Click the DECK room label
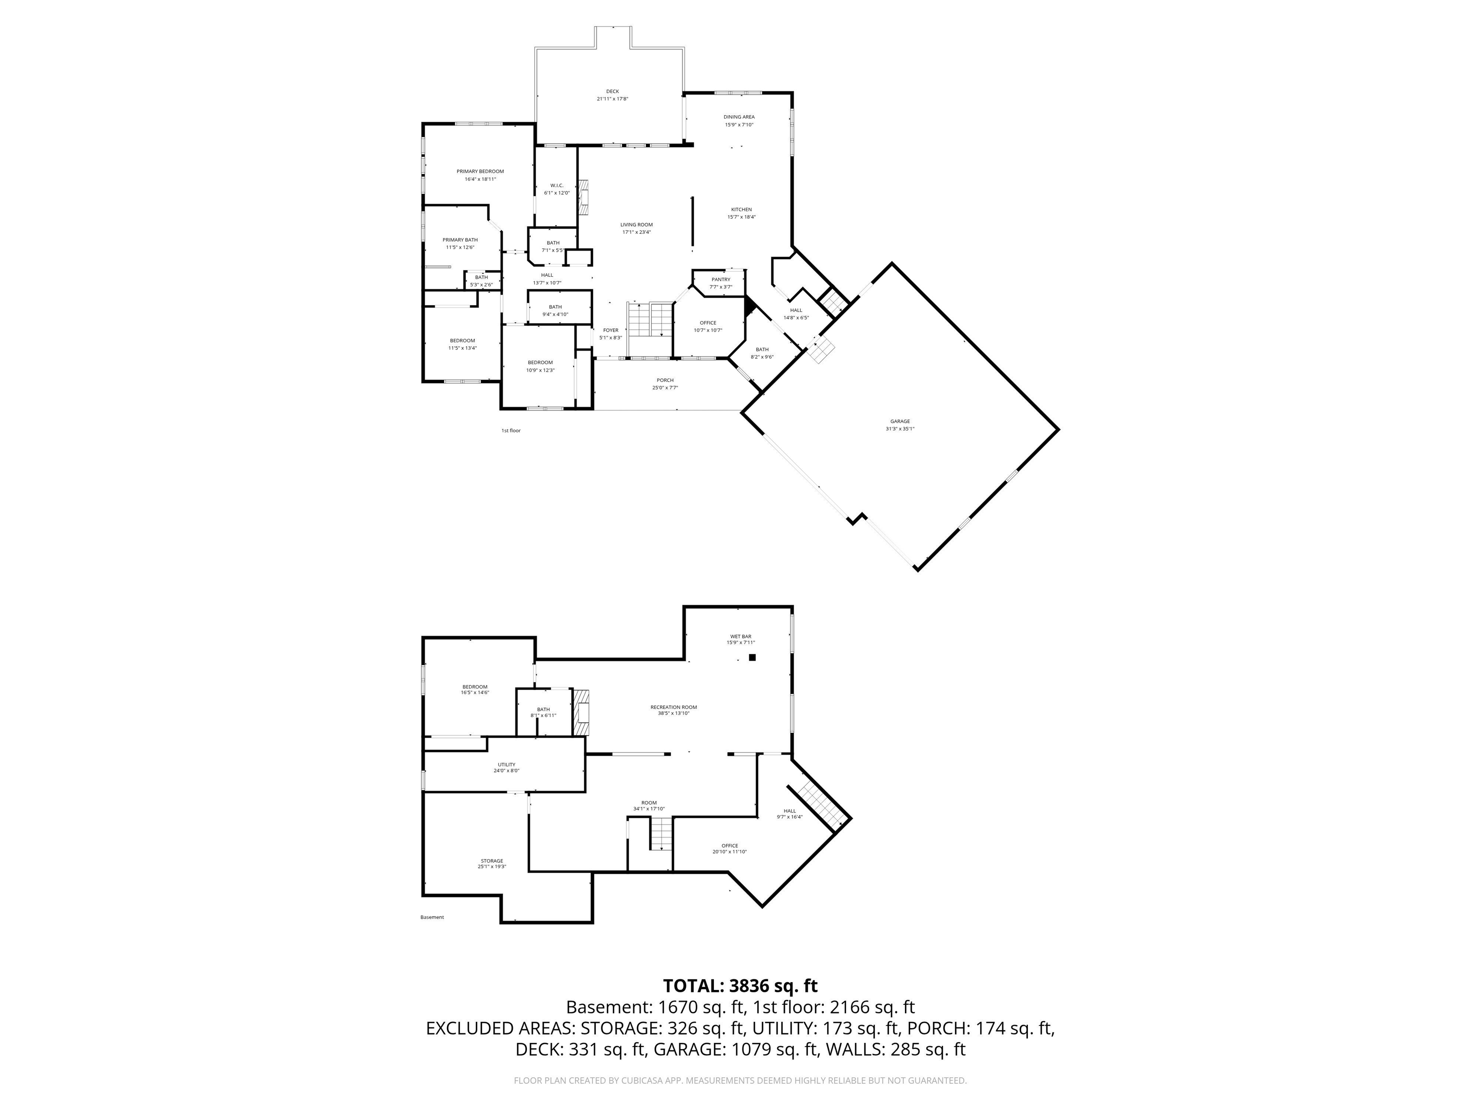click(x=612, y=92)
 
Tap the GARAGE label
click(x=899, y=421)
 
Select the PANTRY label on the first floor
click(x=720, y=279)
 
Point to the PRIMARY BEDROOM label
click(x=480, y=172)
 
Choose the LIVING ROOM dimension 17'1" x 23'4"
click(x=636, y=232)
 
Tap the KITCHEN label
click(x=741, y=210)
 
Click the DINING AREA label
click(x=739, y=117)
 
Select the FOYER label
click(x=610, y=330)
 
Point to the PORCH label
click(x=664, y=380)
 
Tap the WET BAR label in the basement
click(x=740, y=636)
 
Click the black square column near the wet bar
click(x=752, y=658)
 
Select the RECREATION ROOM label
click(x=673, y=707)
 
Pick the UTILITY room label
click(x=506, y=765)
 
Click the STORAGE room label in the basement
click(x=491, y=861)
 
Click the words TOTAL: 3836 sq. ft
click(x=740, y=986)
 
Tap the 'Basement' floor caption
click(x=432, y=918)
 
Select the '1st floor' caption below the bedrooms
click(x=511, y=431)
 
